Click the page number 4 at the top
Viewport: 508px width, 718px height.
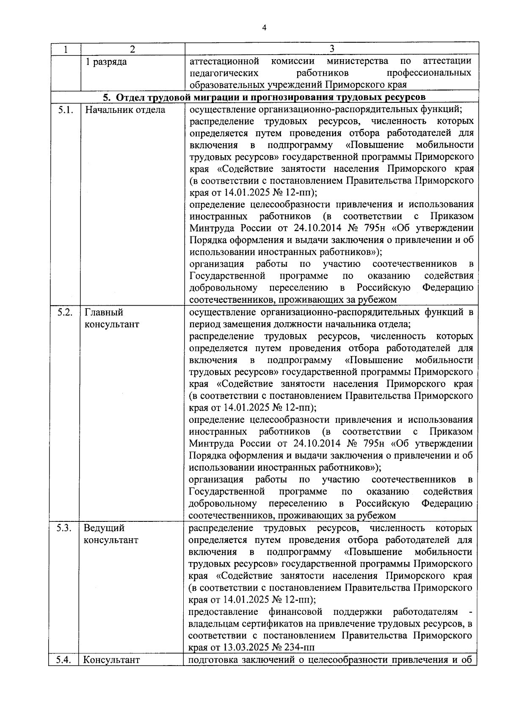coord(264,28)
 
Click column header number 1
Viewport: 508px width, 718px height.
coord(66,49)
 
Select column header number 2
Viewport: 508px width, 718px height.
coord(132,49)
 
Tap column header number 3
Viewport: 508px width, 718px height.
coord(331,49)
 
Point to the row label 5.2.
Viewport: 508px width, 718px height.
coord(66,313)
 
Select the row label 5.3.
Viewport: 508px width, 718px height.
coord(66,529)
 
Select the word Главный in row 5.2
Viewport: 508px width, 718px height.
coord(104,313)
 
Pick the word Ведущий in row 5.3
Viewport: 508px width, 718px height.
coord(104,529)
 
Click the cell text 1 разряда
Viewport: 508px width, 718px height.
coord(106,62)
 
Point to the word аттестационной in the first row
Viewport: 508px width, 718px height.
coord(224,61)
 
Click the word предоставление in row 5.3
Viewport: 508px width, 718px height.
coord(223,612)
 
